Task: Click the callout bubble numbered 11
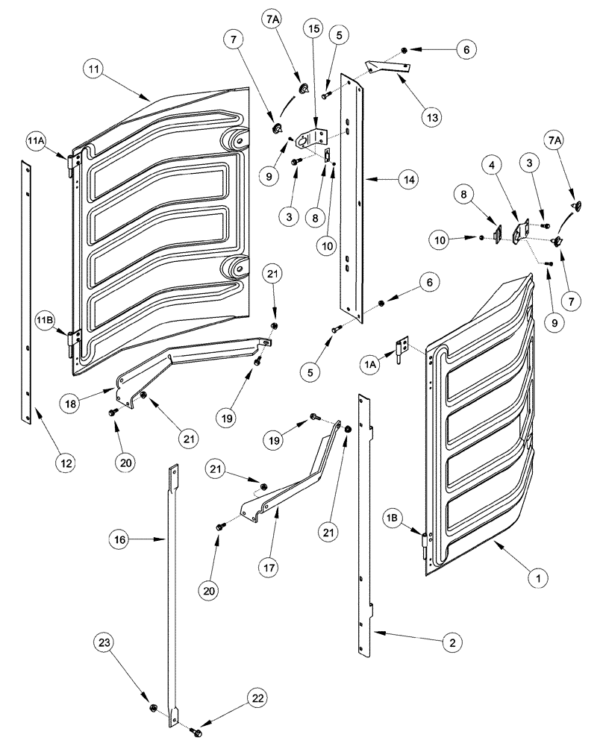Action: pos(93,72)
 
